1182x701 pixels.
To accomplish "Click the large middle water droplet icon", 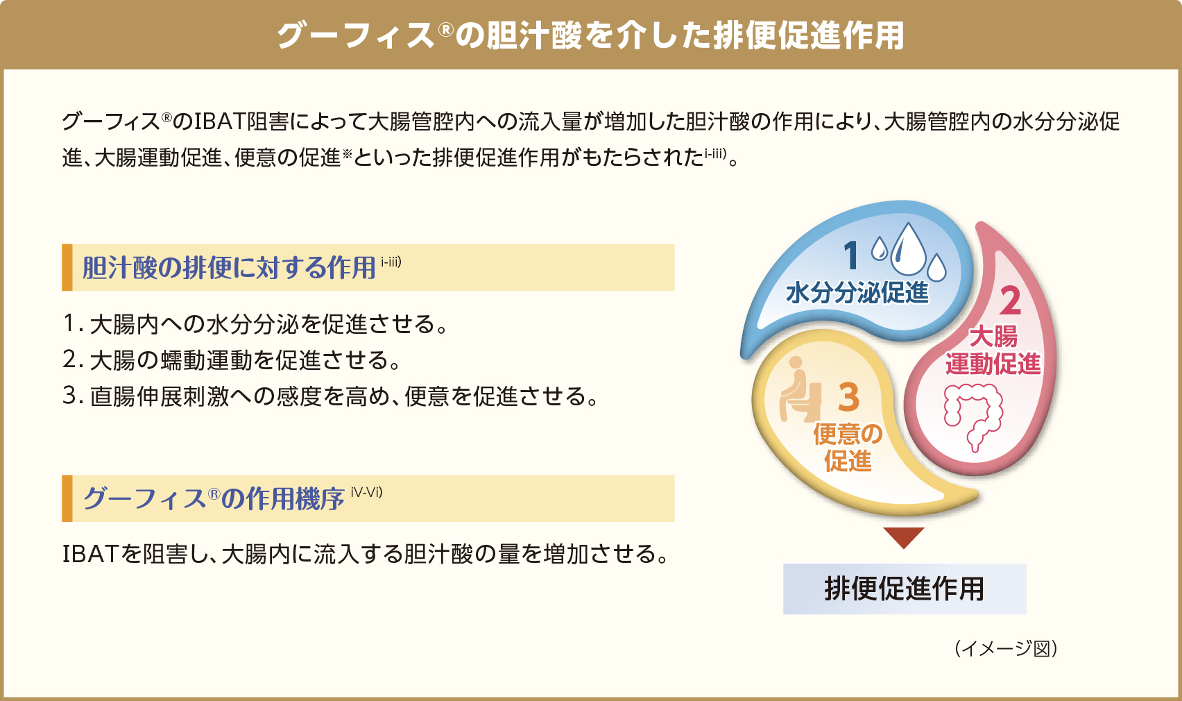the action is (x=908, y=249).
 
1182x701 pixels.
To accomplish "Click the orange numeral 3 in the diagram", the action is (x=848, y=398).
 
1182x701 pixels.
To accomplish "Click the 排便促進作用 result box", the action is (x=905, y=589).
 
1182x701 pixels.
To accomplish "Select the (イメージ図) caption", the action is (x=1006, y=649).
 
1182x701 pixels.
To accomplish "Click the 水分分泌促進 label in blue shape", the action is (x=857, y=293).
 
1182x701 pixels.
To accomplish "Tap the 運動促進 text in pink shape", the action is (x=993, y=364).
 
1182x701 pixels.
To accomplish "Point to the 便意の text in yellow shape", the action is (x=848, y=434).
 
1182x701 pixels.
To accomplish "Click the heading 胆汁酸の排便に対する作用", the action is (x=229, y=268).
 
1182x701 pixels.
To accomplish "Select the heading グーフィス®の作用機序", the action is (x=214, y=498).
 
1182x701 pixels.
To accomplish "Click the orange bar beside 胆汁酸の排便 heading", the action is (x=67, y=267).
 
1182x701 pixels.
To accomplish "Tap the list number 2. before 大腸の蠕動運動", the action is (x=74, y=360).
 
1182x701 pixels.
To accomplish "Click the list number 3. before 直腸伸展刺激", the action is (x=74, y=396).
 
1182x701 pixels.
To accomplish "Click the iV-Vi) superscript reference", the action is (x=366, y=492).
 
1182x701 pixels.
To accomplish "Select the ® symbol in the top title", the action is (x=446, y=30).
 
